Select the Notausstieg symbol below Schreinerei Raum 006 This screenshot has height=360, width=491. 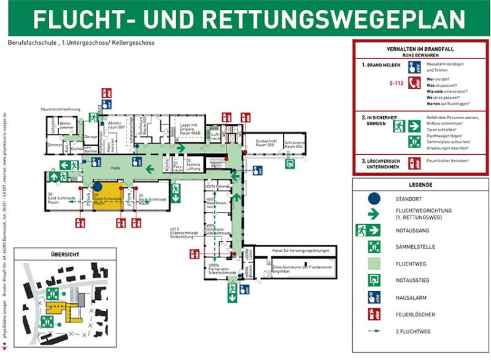(x=290, y=163)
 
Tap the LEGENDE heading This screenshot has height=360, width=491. (x=420, y=184)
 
